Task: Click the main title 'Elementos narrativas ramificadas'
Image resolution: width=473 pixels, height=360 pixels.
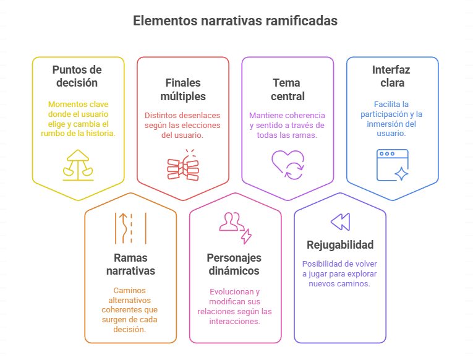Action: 236,21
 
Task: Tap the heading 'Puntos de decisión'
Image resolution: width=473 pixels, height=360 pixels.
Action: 77,76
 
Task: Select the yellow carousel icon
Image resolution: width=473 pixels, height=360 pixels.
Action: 78,165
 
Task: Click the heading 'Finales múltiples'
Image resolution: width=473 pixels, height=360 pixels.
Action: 183,90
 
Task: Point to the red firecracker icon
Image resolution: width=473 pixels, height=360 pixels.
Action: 183,165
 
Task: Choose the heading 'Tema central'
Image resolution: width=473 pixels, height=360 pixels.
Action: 288,90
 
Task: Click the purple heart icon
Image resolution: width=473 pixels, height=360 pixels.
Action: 288,165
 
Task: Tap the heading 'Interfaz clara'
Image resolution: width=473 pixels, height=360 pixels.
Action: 391,76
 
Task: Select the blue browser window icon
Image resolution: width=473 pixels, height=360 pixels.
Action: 393,165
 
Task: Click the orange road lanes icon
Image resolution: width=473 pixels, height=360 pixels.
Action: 130,228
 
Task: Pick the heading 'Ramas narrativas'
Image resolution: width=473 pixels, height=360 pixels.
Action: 130,264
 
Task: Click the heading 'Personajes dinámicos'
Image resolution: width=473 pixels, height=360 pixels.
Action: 234,264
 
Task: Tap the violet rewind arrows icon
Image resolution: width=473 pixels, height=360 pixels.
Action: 340,222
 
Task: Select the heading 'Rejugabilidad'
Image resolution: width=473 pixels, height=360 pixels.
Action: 340,245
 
